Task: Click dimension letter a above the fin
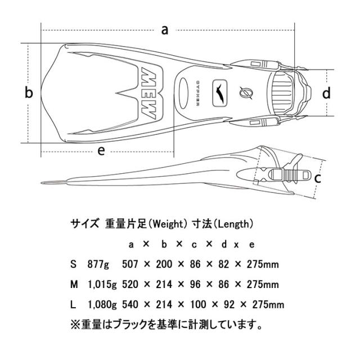[x=165, y=30]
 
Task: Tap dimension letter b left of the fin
[x=29, y=93]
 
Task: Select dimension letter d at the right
[x=326, y=92]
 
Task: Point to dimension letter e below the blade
[x=101, y=151]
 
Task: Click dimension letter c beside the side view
[x=317, y=178]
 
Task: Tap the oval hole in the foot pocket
[x=183, y=93]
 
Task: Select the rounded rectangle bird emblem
[x=220, y=93]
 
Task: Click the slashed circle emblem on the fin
[x=245, y=93]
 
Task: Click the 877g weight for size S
[x=98, y=264]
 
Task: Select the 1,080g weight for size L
[x=102, y=305]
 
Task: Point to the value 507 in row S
[x=130, y=264]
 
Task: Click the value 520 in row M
[x=130, y=285]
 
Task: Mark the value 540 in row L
[x=130, y=305]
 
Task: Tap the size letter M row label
[x=74, y=285]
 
